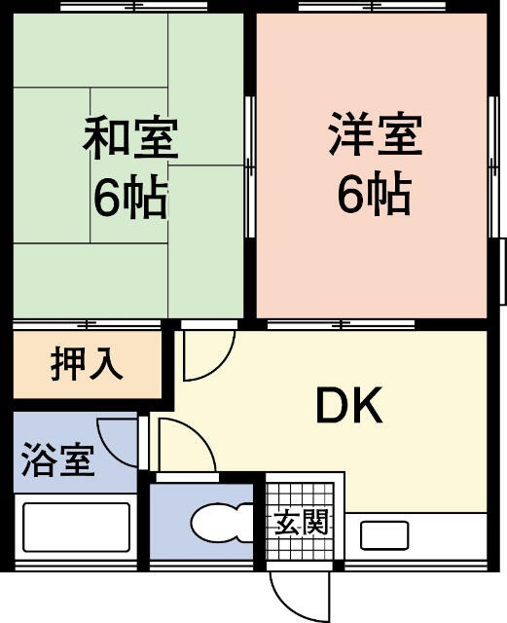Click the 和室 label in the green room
coord(129,138)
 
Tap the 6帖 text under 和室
coord(129,198)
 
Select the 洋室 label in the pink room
coord(374,135)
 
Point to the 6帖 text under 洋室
coord(374,196)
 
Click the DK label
coord(349,408)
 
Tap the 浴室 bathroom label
coord(58,458)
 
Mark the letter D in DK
coord(331,408)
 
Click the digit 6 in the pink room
coord(349,196)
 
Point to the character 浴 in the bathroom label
coord(38,458)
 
